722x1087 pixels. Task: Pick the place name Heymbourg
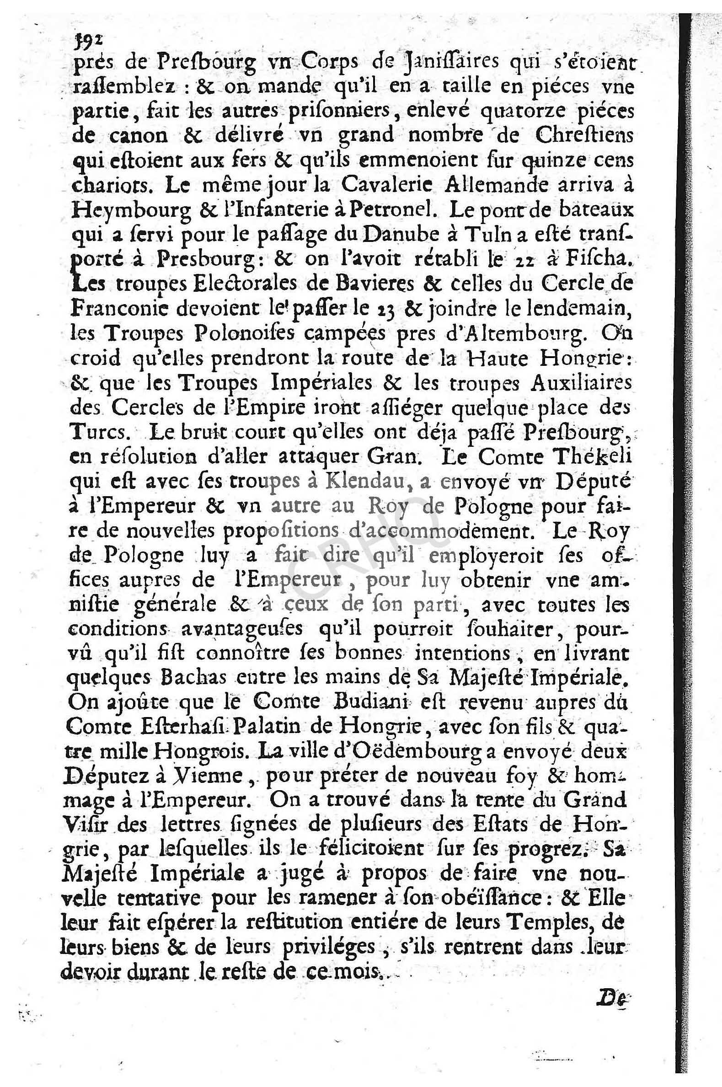(131, 211)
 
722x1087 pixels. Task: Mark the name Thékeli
(598, 456)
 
